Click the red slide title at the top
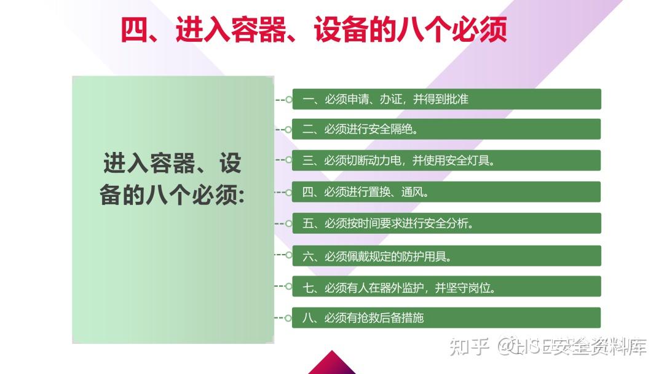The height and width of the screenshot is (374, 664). [314, 30]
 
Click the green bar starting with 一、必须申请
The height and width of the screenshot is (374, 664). [447, 99]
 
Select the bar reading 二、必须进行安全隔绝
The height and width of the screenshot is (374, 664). [447, 129]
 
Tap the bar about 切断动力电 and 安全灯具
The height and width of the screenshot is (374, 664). [447, 161]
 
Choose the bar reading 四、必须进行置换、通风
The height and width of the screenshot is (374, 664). [447, 192]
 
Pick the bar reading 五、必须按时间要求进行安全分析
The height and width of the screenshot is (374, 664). [447, 223]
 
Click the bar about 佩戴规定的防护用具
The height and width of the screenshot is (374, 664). [447, 256]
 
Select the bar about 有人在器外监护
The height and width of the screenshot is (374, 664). [447, 287]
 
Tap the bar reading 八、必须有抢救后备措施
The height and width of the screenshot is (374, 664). [447, 317]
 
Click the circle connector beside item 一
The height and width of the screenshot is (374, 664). [289, 100]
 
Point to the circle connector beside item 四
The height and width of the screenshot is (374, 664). [289, 193]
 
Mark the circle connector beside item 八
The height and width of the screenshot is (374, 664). [289, 317]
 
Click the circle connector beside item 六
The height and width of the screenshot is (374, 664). [289, 255]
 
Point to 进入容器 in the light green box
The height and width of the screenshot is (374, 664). [149, 163]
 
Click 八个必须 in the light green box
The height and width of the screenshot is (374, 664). [191, 195]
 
